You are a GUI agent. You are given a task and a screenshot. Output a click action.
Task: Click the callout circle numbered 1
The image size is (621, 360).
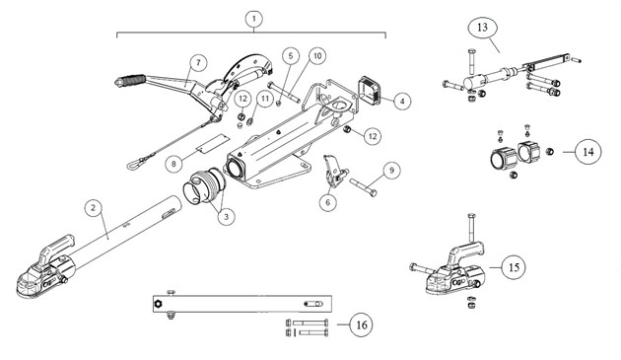point(254,19)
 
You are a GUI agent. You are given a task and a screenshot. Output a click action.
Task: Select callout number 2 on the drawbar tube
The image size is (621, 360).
point(91,208)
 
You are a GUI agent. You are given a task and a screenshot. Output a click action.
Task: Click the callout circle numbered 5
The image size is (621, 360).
point(292,55)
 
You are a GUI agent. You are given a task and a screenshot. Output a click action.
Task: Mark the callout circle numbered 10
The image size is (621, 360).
point(316,55)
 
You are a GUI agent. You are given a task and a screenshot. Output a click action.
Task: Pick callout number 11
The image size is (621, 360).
point(263,99)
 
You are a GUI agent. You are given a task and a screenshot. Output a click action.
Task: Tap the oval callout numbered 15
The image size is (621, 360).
point(514,266)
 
